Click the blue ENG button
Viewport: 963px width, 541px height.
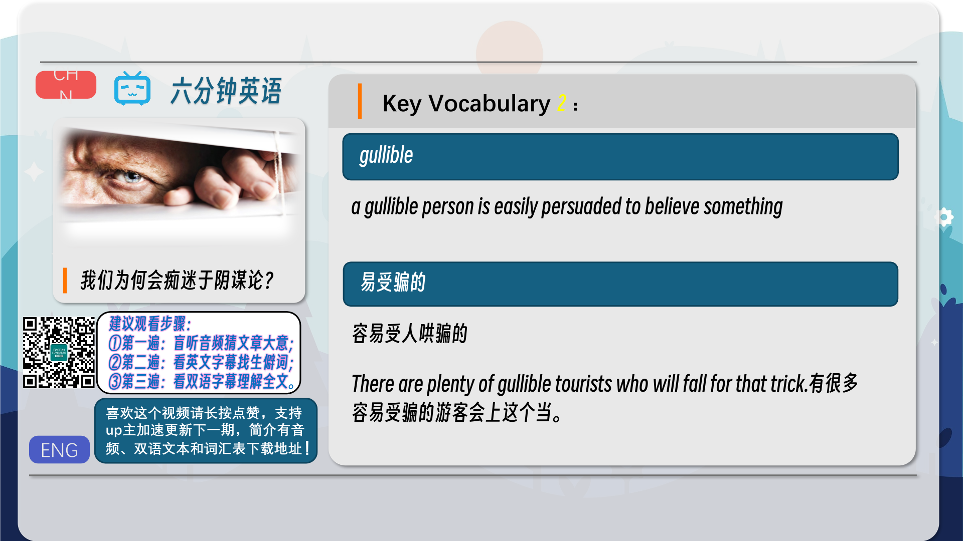point(59,449)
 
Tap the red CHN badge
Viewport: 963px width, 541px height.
point(66,85)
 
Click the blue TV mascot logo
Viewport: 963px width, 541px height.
point(132,89)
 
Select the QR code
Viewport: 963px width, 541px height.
point(59,353)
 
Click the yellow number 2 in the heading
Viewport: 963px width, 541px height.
point(562,103)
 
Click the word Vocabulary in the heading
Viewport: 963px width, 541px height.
point(489,104)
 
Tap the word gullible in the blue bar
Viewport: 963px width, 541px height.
point(386,155)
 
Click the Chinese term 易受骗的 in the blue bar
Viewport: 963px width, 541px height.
point(393,282)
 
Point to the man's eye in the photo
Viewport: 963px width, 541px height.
point(130,176)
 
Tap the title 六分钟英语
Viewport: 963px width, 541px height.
point(226,91)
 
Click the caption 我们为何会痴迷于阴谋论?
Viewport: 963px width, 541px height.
point(177,280)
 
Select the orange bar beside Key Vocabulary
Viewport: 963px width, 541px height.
point(360,101)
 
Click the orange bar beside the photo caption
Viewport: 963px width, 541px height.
point(65,281)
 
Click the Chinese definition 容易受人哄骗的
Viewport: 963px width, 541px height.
point(410,334)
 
